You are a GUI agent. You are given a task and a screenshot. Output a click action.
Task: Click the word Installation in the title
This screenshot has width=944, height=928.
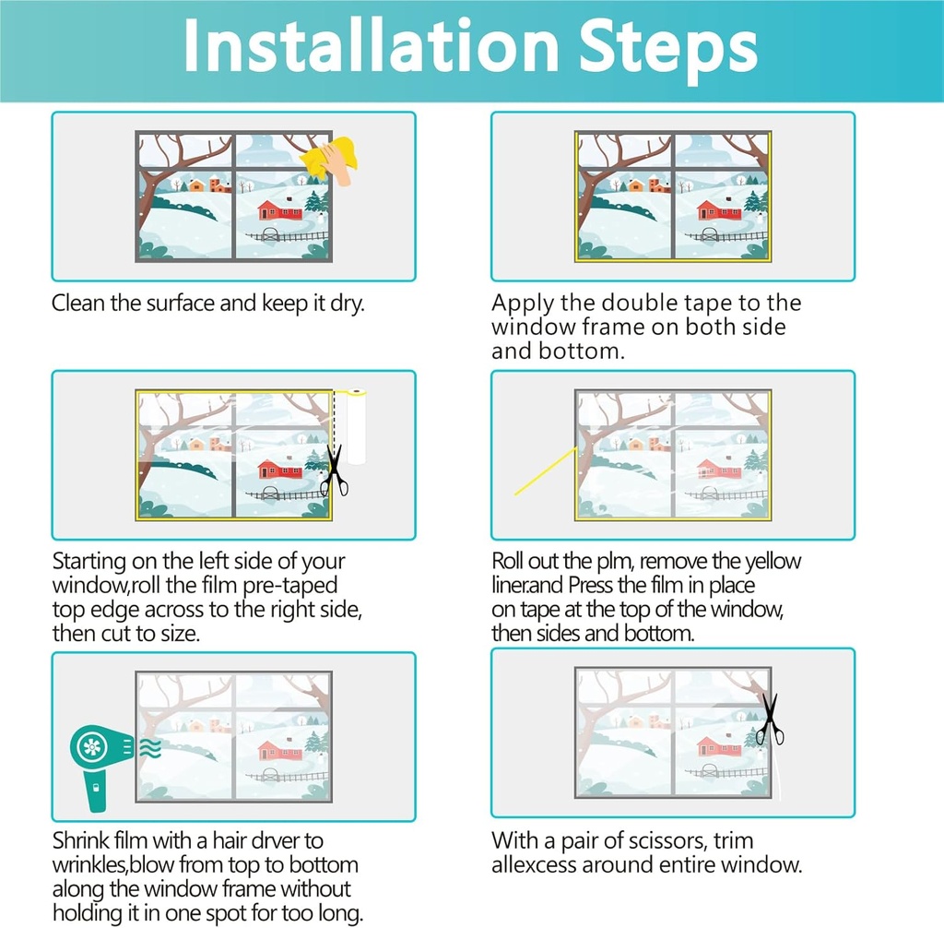pyautogui.click(x=372, y=46)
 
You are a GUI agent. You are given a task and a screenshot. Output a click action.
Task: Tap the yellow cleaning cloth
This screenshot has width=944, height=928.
pyautogui.click(x=332, y=157)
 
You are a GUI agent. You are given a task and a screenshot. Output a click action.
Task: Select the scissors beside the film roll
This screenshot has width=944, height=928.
pyautogui.click(x=334, y=470)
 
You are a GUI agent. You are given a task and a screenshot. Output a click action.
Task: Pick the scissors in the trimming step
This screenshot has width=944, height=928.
pyautogui.click(x=770, y=720)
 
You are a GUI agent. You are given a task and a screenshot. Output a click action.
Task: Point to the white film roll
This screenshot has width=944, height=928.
pyautogui.click(x=357, y=426)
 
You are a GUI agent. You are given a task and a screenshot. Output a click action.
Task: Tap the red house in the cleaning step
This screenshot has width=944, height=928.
pyautogui.click(x=280, y=208)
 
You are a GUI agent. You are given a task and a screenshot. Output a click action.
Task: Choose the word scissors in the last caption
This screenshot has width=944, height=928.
pyautogui.click(x=665, y=840)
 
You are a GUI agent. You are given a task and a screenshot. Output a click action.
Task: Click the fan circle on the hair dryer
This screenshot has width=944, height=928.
pyautogui.click(x=92, y=748)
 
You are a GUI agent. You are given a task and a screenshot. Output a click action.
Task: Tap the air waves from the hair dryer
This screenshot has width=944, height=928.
pyautogui.click(x=150, y=747)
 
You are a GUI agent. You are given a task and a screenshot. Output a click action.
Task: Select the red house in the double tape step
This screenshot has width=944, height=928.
pyautogui.click(x=719, y=208)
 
